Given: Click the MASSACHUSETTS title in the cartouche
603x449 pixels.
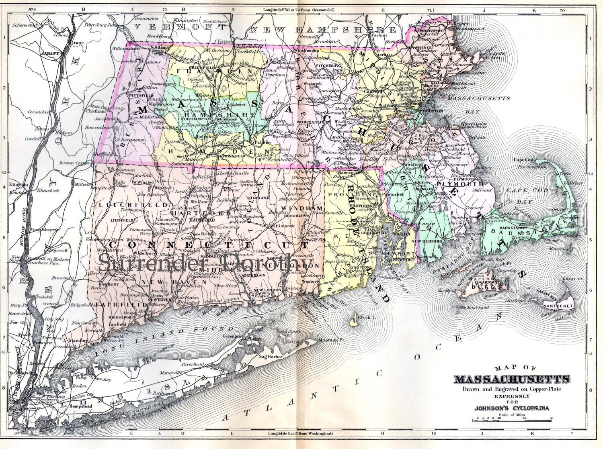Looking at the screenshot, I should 512,379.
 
